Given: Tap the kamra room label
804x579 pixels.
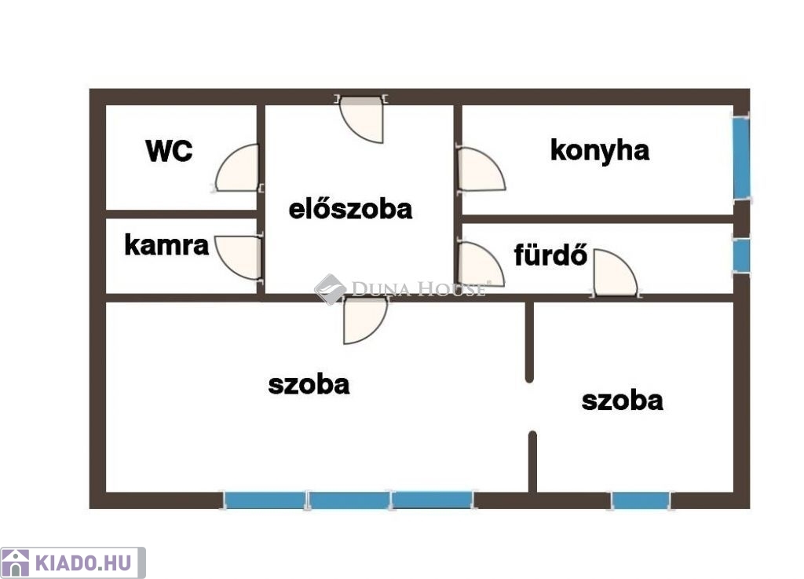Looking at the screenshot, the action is click(x=166, y=245).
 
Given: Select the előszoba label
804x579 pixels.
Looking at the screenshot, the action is click(x=351, y=209).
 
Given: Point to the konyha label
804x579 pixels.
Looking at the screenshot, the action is click(x=600, y=151).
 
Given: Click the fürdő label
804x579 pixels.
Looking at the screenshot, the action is click(x=550, y=255).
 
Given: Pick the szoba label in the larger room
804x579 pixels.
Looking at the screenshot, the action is click(x=309, y=385).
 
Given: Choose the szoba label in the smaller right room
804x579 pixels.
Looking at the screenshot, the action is click(x=623, y=401).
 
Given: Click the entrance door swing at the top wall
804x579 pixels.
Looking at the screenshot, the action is click(x=362, y=119).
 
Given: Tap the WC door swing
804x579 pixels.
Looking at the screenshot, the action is click(x=237, y=168).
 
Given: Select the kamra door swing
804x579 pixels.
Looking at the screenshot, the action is click(x=238, y=258).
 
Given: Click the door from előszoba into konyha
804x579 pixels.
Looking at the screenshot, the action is click(x=481, y=169).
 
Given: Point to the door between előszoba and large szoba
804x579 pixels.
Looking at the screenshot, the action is click(x=365, y=321).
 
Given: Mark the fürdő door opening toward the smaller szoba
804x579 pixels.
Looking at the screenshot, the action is click(x=616, y=273).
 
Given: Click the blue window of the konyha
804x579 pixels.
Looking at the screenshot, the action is click(x=741, y=158).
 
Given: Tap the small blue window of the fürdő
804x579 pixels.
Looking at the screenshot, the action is click(x=741, y=255).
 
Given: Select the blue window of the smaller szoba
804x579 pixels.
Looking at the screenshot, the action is click(x=641, y=500).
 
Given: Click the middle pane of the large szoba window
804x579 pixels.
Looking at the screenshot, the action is click(x=349, y=500).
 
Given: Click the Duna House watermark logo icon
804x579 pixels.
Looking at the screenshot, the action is click(x=331, y=289).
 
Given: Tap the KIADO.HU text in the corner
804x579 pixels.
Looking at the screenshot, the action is click(x=83, y=563).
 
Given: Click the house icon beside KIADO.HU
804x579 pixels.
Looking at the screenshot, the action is click(x=16, y=563).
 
